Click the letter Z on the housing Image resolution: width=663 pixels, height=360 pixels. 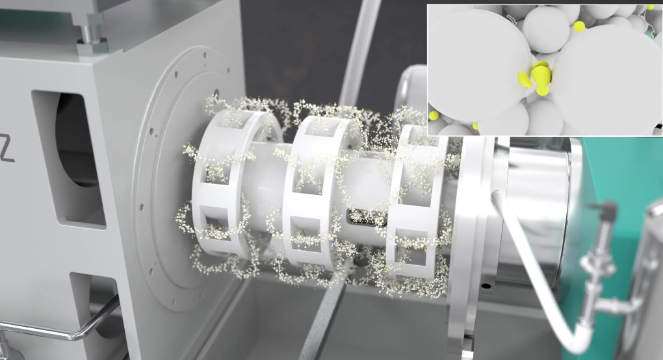[6, 149]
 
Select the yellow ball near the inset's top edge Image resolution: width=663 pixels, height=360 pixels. [579, 27]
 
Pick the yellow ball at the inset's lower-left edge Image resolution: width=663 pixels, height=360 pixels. [434, 116]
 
